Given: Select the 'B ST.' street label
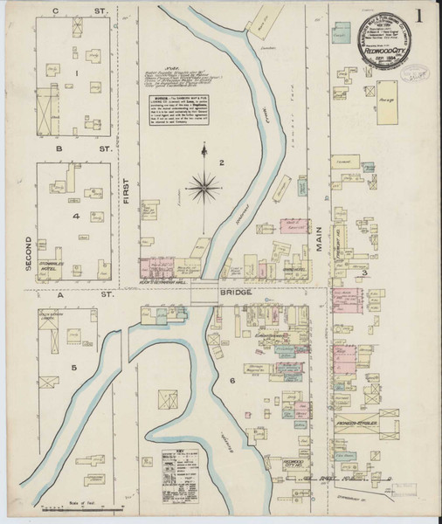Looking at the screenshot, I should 70,148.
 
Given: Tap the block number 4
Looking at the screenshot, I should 76,215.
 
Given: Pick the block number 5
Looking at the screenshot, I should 74,367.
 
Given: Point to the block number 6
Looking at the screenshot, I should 232,381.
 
